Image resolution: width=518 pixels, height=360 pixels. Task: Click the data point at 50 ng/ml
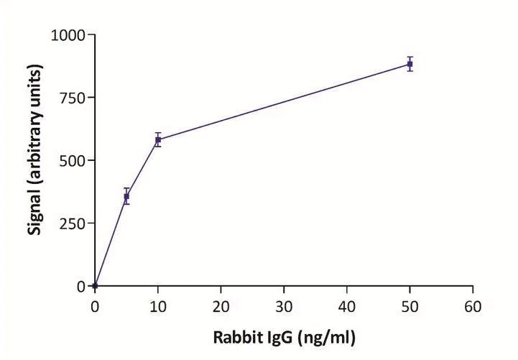pyautogui.click(x=410, y=64)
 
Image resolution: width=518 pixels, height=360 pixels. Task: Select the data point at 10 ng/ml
pyautogui.click(x=158, y=139)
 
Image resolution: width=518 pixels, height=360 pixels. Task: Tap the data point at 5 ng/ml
pyautogui.click(x=126, y=196)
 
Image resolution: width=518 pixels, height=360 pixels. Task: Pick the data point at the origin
pyautogui.click(x=95, y=286)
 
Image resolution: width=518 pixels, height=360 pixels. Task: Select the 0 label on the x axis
pyautogui.click(x=95, y=307)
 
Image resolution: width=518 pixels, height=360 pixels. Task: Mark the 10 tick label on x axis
pyautogui.click(x=158, y=307)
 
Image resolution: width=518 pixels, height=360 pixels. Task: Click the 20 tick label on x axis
pyautogui.click(x=221, y=307)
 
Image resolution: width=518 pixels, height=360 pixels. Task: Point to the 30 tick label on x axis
pyautogui.click(x=284, y=307)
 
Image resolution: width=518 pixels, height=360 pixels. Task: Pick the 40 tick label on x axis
pyautogui.click(x=346, y=307)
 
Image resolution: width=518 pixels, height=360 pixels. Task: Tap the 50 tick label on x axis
pyautogui.click(x=410, y=307)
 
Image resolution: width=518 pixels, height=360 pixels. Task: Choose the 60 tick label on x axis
pyautogui.click(x=472, y=307)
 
